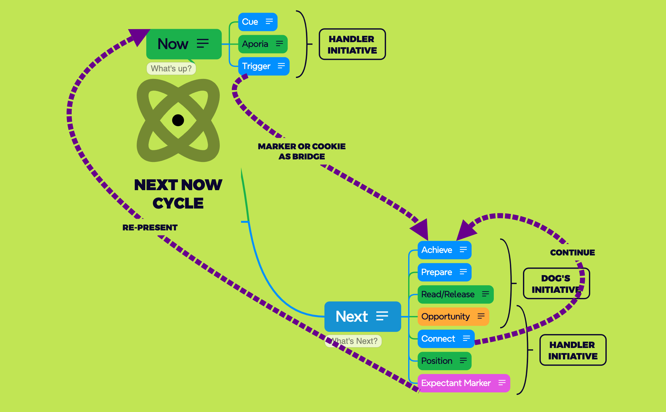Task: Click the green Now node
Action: coord(183,44)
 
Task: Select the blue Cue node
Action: coord(258,22)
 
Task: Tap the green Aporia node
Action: coord(263,44)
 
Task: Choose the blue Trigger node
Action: coord(263,66)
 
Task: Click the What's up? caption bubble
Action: coord(171,68)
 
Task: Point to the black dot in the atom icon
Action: coord(178,120)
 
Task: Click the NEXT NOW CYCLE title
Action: coord(178,194)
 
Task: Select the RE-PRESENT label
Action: coord(150,228)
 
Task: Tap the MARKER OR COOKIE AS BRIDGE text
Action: coord(302,151)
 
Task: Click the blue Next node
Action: coord(362,316)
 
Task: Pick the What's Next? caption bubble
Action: coord(354,341)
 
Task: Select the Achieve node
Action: coord(444,250)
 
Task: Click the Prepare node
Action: coord(444,272)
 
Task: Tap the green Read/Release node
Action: coord(455,294)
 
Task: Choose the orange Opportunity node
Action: coord(453,317)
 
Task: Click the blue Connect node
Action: coord(446,339)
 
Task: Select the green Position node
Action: coord(444,361)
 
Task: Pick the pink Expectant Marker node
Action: coord(463,383)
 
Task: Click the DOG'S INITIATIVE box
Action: coord(556,284)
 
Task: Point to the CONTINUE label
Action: coord(572,253)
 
